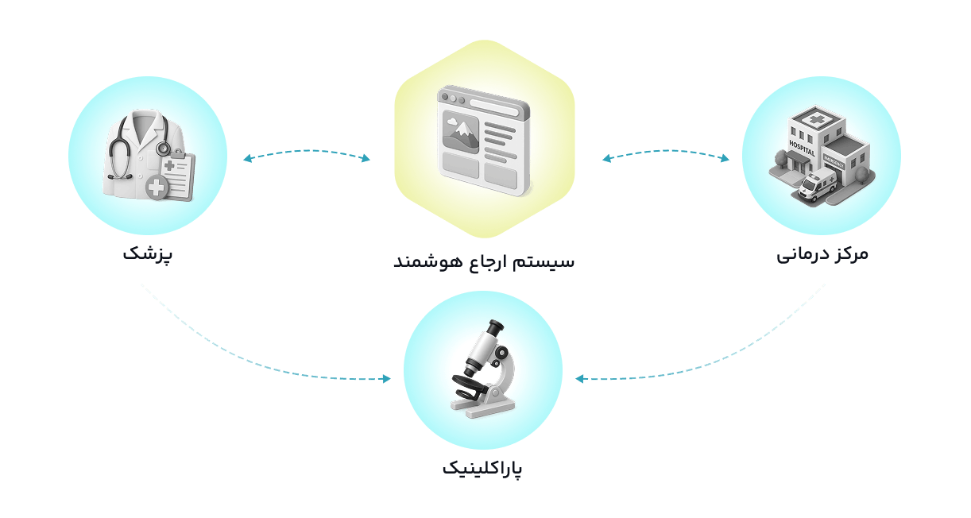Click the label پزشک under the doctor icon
[147, 253]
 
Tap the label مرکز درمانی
[822, 253]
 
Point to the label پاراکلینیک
[482, 469]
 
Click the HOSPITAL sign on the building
[802, 148]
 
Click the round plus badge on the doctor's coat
[157, 187]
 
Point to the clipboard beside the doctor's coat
[179, 175]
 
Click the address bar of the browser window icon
[494, 107]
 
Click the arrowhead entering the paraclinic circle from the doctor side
[386, 379]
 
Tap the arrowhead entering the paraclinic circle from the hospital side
[580, 379]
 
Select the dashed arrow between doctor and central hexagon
[307, 151]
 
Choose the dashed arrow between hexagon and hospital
[665, 151]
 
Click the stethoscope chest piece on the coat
[163, 149]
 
